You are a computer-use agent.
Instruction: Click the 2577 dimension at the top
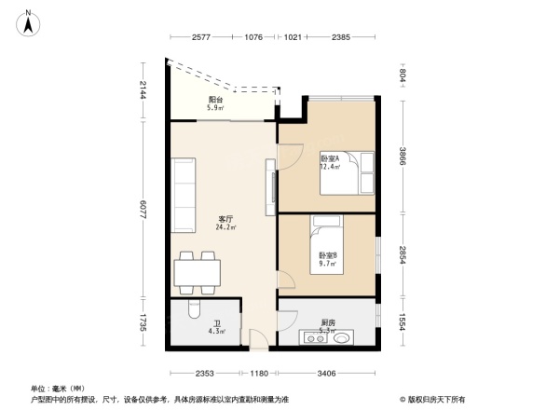click(202, 37)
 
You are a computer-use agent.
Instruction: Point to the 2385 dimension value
click(340, 37)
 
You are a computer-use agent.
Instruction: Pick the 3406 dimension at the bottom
click(324, 373)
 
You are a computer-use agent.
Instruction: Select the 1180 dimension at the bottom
click(259, 373)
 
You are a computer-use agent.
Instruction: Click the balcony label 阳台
click(215, 99)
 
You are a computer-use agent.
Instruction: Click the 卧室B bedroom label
click(327, 255)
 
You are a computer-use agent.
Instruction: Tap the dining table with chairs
click(197, 271)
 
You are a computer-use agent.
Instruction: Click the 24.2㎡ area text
click(225, 227)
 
